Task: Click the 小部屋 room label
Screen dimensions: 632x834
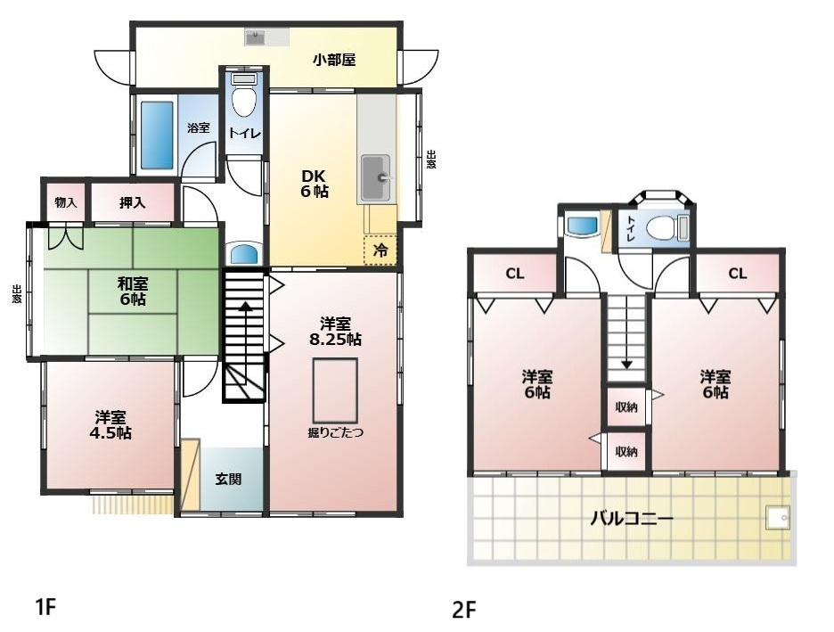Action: click(334, 61)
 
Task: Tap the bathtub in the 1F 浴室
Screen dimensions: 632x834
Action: click(157, 135)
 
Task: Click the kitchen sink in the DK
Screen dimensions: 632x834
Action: click(376, 177)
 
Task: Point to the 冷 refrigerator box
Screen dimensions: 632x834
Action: click(380, 250)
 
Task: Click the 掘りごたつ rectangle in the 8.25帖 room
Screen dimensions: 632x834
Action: click(335, 390)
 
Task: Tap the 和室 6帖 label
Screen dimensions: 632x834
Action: click(133, 291)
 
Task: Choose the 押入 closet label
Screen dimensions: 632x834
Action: click(133, 203)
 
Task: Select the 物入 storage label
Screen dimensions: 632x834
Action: click(65, 203)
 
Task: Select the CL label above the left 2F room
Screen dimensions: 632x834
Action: click(515, 274)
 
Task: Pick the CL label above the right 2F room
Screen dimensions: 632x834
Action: click(737, 274)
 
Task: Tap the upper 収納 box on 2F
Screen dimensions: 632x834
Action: click(626, 407)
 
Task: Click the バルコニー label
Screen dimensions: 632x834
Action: click(632, 518)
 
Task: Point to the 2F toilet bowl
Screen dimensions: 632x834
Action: click(660, 227)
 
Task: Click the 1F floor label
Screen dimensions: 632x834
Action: click(45, 608)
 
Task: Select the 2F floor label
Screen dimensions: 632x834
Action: click(464, 611)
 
